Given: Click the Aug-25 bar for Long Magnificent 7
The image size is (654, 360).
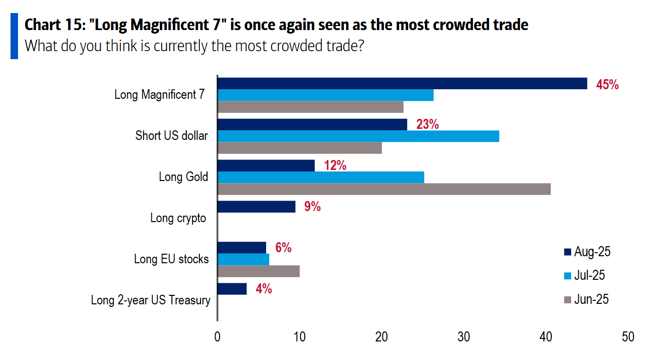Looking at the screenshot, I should [402, 83].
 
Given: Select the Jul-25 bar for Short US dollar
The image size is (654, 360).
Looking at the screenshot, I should [358, 136].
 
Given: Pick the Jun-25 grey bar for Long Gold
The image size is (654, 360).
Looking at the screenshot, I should [384, 189].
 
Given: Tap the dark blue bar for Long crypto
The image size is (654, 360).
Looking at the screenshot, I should [256, 207].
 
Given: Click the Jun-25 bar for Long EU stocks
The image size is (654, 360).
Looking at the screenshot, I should [259, 271].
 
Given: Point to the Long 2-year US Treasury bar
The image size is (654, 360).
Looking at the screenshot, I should [232, 289].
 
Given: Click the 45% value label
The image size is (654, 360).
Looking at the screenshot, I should [607, 85].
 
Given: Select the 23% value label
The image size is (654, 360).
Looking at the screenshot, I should [427, 124].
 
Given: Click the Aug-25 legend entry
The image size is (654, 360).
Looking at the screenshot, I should [587, 252].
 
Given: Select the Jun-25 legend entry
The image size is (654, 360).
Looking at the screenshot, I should [587, 299].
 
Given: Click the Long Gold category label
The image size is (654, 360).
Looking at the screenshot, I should [183, 177].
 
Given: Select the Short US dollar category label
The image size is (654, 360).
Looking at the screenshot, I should [171, 135].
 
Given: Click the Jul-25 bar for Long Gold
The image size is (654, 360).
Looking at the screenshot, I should [321, 177].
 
